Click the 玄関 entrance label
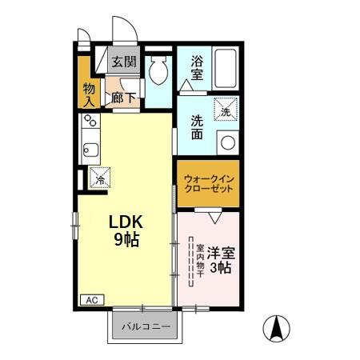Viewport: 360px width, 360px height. point(123,62)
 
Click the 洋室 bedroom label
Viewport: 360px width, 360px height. point(220,253)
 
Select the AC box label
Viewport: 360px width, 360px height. point(90,300)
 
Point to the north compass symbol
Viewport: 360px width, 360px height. point(278,328)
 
